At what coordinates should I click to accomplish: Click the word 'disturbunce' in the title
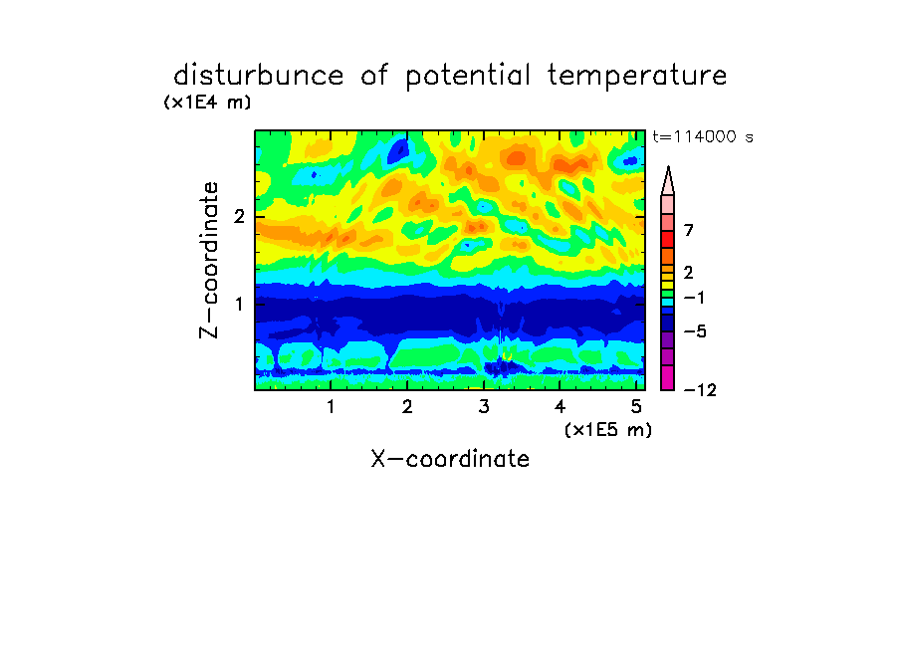pos(258,76)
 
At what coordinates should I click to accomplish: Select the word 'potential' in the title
pos(468,76)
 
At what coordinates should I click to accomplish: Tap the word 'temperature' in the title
pos(637,76)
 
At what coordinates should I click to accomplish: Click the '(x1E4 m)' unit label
pos(207,103)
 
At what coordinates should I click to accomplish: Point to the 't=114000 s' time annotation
pos(703,136)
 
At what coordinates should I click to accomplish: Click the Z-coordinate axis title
pos(208,260)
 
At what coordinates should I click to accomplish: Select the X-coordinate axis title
pos(450,459)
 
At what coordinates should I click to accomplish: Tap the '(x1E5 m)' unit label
pos(608,429)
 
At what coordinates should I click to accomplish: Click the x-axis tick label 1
pos(331,407)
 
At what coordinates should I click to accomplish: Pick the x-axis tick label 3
pos(484,407)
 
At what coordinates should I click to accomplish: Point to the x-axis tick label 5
pos(636,407)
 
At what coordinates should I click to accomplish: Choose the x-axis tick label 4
pos(560,407)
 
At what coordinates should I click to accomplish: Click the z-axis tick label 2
pos(239,217)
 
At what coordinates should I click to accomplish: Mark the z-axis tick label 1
pos(239,304)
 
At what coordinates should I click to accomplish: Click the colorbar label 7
pos(689,231)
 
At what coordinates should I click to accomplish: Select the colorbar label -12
pos(700,390)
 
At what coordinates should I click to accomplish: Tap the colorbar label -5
pos(695,331)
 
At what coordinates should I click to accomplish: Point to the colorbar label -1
pos(694,298)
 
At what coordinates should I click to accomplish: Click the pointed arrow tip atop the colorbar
pos(668,167)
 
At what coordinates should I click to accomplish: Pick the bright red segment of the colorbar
pos(668,239)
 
